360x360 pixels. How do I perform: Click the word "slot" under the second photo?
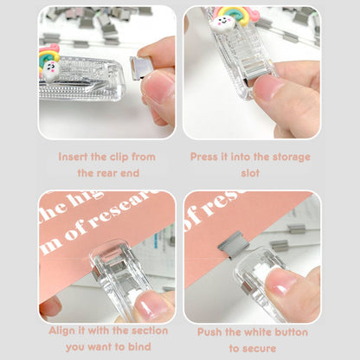tap(250, 173)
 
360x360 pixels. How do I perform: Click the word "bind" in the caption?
tap(139, 346)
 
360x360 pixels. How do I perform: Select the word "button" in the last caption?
tap(291, 332)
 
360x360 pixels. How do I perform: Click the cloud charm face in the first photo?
tap(51, 70)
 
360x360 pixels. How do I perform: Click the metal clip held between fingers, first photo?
tap(140, 67)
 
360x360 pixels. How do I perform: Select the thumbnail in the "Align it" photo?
tap(151, 305)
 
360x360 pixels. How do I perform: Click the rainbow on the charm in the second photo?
tap(237, 15)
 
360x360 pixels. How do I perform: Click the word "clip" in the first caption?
tap(119, 157)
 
